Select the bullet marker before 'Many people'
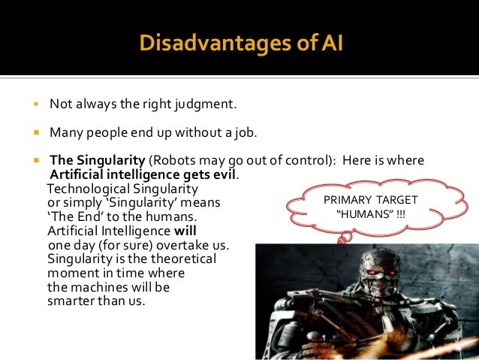35,133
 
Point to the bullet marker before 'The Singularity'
35,161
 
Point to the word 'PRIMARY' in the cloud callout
348,200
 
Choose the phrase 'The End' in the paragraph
71,217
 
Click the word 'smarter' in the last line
73,301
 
